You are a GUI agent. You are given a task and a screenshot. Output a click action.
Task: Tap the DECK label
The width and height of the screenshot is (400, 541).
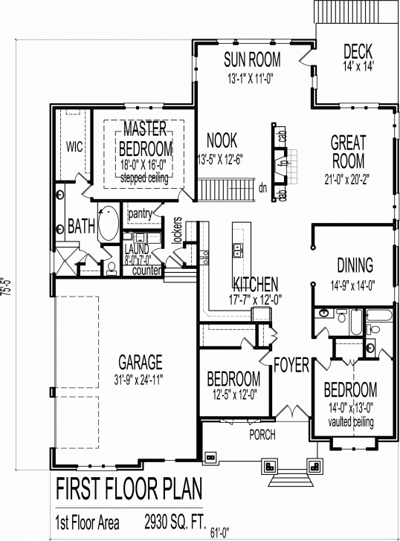pos(358,51)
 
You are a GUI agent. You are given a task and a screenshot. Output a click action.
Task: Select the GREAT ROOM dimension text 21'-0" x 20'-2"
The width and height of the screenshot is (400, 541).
pos(347,178)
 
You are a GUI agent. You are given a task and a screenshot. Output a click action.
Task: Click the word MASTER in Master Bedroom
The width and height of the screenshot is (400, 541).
pos(145,128)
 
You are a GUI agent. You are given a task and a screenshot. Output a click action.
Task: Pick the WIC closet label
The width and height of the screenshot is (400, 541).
pos(74,146)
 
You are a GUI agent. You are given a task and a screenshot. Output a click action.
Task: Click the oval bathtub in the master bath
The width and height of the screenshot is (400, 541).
pos(106,221)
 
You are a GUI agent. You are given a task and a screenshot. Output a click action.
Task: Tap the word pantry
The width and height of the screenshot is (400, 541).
pos(140,214)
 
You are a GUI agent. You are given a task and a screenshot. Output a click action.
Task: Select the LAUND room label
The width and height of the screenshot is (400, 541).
pos(138,248)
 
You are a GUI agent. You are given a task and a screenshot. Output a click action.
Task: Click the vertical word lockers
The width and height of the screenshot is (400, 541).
pos(178,230)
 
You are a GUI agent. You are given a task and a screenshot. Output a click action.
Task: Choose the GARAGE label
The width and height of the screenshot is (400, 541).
pos(140,363)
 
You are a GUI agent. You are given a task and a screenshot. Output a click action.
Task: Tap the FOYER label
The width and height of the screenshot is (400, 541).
pos(291,364)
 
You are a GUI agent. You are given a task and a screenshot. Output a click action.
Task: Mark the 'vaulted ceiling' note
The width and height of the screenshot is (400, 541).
pos(349,421)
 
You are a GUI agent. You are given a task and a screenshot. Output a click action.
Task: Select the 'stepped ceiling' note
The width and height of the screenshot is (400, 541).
pos(145,178)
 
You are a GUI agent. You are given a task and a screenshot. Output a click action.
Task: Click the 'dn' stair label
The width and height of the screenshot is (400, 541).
pos(262,189)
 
